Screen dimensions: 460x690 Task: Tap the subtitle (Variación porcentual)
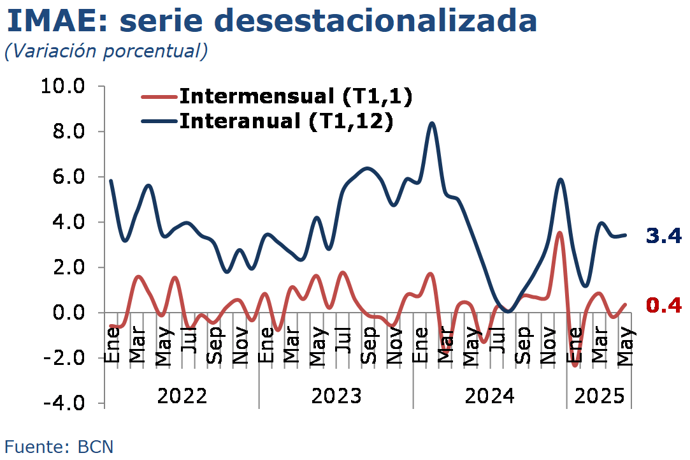click(106, 52)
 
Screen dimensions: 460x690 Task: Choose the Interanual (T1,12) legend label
click(286, 121)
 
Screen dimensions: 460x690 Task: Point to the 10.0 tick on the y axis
click(62, 86)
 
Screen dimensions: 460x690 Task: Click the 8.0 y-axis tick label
click(69, 131)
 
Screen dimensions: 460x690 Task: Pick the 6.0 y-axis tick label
click(69, 177)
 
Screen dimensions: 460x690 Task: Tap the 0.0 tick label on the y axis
click(69, 313)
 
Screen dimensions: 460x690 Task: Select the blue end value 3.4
click(664, 237)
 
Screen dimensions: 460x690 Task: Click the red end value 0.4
click(664, 306)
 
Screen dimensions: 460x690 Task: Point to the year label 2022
click(182, 396)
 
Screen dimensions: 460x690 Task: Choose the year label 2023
click(336, 396)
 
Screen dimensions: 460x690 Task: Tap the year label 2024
click(489, 396)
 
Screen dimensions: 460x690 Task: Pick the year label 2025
click(600, 396)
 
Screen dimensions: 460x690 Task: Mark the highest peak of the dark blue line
click(432, 123)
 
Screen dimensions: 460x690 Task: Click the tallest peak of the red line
click(559, 233)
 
